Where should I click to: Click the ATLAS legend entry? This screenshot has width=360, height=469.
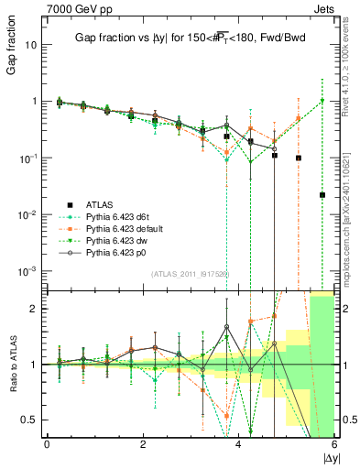pos(98,203)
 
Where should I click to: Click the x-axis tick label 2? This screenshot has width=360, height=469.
pos(143,444)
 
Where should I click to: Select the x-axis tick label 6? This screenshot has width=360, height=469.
pos(334,444)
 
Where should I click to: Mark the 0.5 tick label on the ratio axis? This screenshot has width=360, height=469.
pos(30,420)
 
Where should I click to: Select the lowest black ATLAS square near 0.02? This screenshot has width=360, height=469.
pos(322,195)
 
